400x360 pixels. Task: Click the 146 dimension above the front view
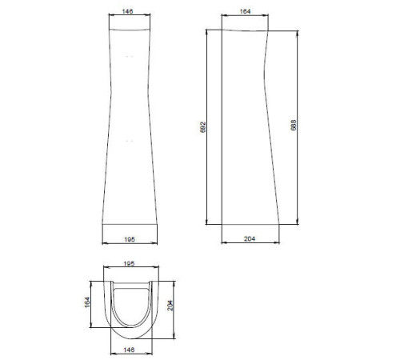click(x=127, y=11)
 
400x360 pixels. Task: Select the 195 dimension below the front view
click(x=130, y=239)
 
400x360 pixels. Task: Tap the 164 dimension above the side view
click(x=245, y=11)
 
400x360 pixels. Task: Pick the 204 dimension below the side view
click(x=250, y=238)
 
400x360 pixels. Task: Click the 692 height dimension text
click(x=203, y=127)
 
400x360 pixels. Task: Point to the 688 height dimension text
click(x=294, y=125)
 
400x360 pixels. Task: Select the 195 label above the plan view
click(x=129, y=263)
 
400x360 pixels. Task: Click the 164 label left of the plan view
click(x=87, y=302)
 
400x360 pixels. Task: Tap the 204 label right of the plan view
click(x=170, y=306)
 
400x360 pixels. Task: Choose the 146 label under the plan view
click(x=129, y=350)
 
